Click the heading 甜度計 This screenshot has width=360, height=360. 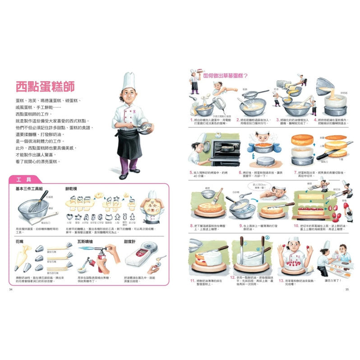[x=131, y=241]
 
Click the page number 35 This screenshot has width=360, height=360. [x=347, y=289]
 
